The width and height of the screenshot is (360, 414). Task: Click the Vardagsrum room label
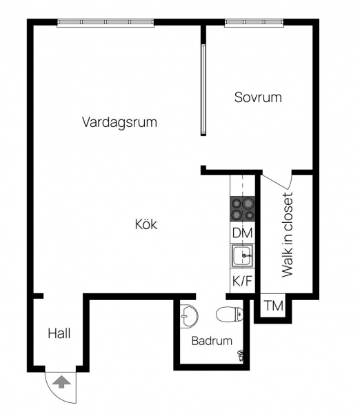(119, 123)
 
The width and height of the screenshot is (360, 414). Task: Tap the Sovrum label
(258, 97)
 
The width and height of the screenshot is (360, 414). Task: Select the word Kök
(146, 224)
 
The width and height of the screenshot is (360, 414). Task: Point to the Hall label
(59, 333)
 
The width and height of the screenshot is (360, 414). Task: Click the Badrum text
(212, 341)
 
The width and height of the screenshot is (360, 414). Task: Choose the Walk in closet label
(288, 235)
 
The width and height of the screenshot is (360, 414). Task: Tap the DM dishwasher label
(243, 233)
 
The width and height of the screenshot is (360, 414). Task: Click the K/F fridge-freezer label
(242, 280)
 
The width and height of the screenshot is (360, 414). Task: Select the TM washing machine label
(274, 306)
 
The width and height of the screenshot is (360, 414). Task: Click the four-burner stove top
(243, 209)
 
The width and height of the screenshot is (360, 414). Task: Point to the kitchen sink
(243, 255)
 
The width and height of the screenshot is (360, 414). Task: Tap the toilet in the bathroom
(230, 314)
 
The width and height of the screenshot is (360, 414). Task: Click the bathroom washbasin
(189, 316)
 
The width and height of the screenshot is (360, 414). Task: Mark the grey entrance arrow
(61, 382)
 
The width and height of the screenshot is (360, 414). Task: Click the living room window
(106, 23)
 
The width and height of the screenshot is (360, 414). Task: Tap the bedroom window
(254, 23)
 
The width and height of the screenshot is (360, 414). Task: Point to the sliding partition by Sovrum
(203, 90)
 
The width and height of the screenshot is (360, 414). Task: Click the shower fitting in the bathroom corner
(241, 355)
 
